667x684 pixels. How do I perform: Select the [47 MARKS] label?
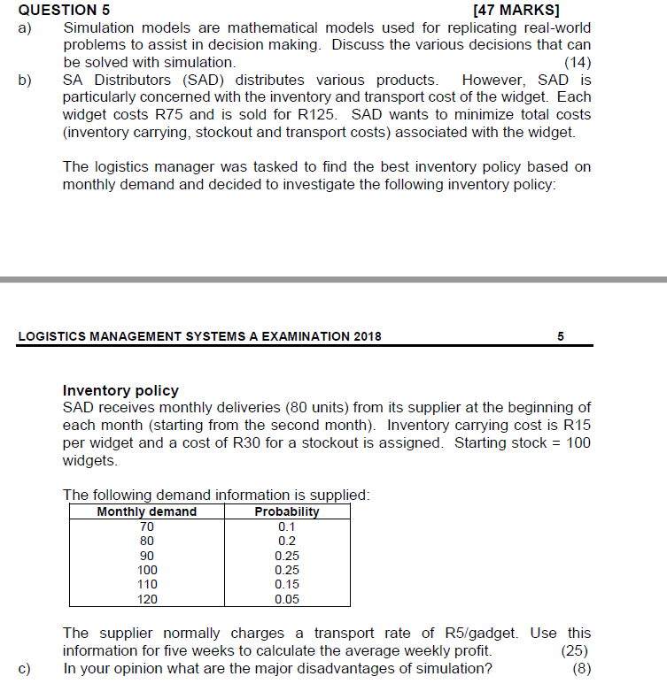pos(516,10)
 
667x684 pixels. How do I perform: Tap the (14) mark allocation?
pos(578,62)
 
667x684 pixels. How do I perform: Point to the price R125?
pos(317,114)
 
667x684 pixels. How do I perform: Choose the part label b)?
pos(25,80)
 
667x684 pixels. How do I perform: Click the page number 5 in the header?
pos(561,336)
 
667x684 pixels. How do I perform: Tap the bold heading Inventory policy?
pos(120,390)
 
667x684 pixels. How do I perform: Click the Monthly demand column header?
pos(146,511)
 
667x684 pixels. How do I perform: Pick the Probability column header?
pos(287,511)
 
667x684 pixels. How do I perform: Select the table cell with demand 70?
pos(147,526)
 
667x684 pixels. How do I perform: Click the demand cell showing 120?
pos(147,599)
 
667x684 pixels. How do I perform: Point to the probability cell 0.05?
pos(287,599)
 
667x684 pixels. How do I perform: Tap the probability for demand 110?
pos(287,584)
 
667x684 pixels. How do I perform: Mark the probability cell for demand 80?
pos(287,541)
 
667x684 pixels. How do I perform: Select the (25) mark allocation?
pos(576,650)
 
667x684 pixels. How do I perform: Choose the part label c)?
pos(25,668)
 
